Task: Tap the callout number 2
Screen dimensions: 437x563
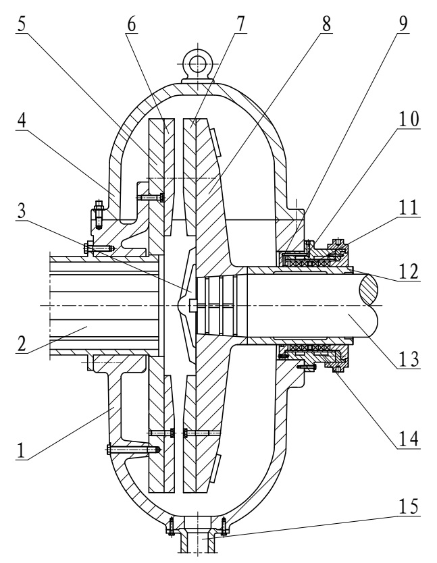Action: pyautogui.click(x=22, y=344)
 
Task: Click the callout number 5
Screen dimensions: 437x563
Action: pyautogui.click(x=22, y=24)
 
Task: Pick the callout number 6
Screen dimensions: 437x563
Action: pyautogui.click(x=132, y=24)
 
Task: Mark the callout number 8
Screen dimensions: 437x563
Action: pyautogui.click(x=326, y=24)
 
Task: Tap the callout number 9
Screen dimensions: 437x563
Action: pyautogui.click(x=403, y=24)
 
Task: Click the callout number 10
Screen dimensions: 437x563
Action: pyautogui.click(x=408, y=119)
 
